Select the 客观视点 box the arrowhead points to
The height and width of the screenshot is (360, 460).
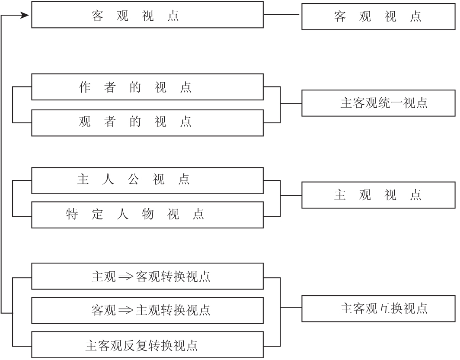pos(147,15)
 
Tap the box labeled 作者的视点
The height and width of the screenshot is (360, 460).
pos(147,87)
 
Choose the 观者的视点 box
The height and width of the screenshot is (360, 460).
pos(147,122)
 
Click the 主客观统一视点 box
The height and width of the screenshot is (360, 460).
pos(378,103)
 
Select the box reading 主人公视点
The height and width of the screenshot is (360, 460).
pos(147,180)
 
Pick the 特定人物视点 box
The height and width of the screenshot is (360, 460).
pos(147,215)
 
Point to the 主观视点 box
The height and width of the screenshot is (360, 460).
pos(378,195)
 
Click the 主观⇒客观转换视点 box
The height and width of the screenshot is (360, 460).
pos(147,276)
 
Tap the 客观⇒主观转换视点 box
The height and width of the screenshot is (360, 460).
pos(147,310)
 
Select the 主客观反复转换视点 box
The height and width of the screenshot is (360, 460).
pos(147,345)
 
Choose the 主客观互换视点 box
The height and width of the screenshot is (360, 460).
pos(378,308)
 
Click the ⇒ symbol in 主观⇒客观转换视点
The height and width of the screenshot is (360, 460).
pos(126,276)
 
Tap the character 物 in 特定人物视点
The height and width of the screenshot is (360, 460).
pos(148,214)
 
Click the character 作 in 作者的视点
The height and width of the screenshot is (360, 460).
pos(84,87)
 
